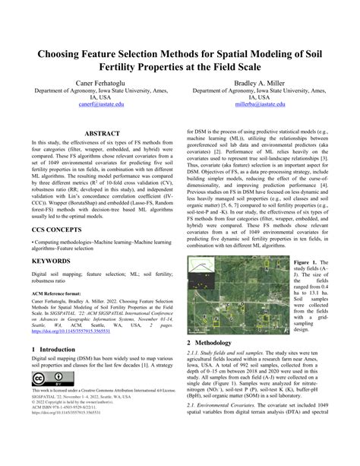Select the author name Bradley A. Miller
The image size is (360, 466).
(262, 80)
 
